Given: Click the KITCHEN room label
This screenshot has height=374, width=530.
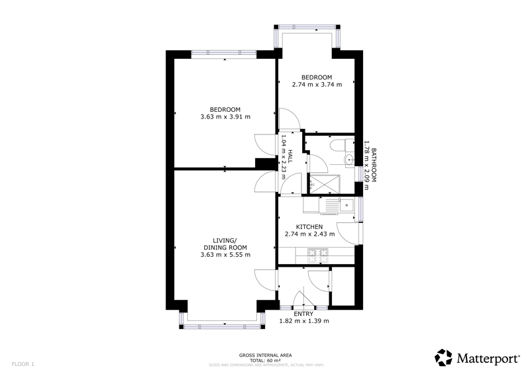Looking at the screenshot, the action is [x=309, y=226].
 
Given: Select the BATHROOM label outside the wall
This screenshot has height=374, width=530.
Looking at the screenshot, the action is [x=374, y=165].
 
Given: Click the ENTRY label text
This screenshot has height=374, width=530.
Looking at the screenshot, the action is [x=303, y=314].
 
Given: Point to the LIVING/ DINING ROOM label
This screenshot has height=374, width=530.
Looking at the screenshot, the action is [x=225, y=244].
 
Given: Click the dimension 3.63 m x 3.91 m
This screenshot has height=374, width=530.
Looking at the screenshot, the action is [x=225, y=117].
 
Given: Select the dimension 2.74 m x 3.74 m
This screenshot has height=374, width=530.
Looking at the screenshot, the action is [x=317, y=85].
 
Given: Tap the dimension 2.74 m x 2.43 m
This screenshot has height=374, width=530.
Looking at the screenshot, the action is [x=309, y=234].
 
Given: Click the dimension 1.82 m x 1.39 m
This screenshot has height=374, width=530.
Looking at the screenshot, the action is [x=304, y=321].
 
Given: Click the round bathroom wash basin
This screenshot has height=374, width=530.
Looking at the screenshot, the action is [x=349, y=158].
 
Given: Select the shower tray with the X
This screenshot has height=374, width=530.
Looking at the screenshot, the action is [x=325, y=184].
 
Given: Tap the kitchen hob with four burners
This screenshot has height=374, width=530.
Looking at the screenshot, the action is [x=318, y=256].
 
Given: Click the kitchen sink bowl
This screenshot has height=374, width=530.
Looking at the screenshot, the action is [x=346, y=205].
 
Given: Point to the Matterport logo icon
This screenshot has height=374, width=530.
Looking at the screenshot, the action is [x=443, y=358].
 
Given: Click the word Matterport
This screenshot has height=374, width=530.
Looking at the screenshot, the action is [x=488, y=359].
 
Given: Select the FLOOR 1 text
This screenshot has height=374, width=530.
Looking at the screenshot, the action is [x=23, y=364].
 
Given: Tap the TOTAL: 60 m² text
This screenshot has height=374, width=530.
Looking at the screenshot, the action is [x=266, y=361].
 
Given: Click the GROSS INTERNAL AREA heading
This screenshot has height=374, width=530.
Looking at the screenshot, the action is [x=266, y=355].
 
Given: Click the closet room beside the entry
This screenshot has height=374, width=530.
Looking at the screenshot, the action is [x=343, y=287].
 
